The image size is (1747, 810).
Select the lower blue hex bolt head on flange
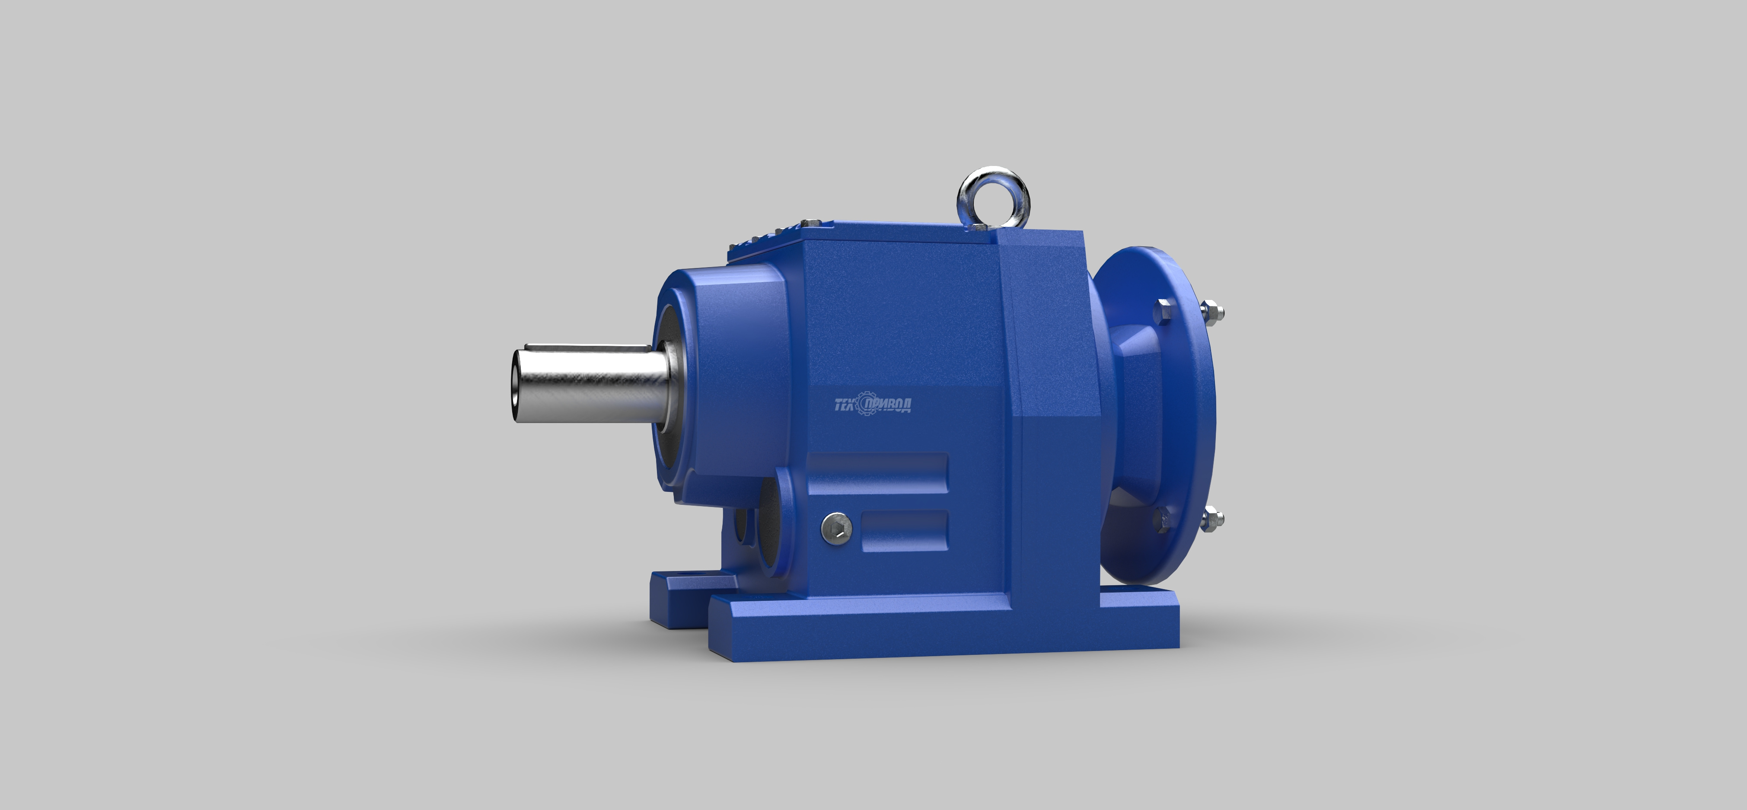pyautogui.click(x=1162, y=518)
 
